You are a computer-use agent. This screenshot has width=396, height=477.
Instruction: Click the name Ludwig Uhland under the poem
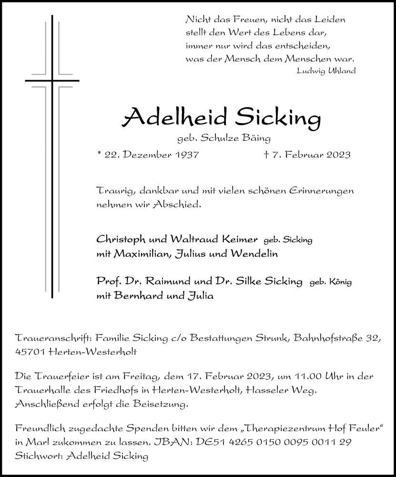[325, 71]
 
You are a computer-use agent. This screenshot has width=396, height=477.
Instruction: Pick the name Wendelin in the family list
[254, 254]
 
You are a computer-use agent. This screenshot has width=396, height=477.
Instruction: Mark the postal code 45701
[30, 352]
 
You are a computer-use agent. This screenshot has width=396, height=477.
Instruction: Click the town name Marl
[35, 442]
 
